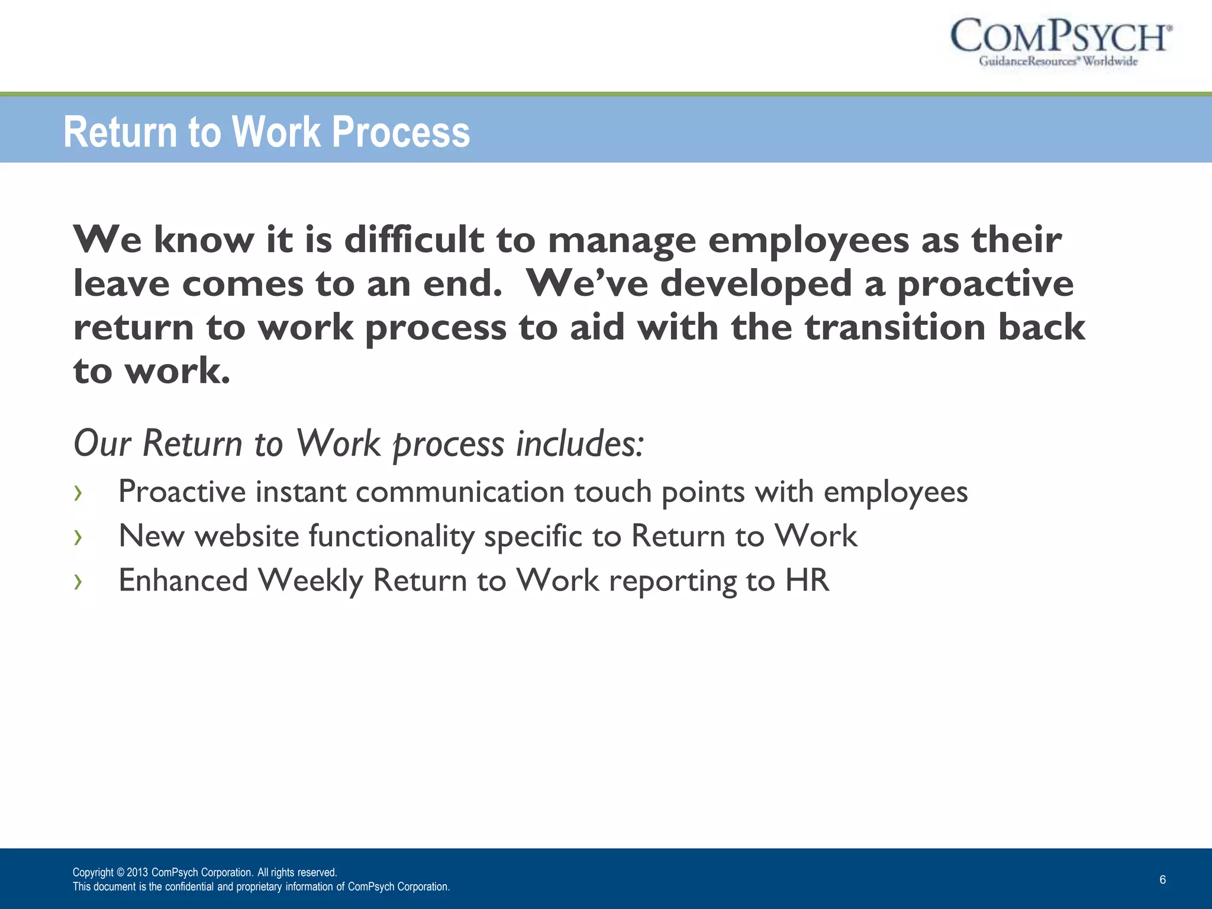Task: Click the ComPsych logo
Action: click(1060, 41)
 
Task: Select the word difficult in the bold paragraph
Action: click(414, 240)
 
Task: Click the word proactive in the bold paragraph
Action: click(985, 284)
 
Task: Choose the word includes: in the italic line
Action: click(579, 443)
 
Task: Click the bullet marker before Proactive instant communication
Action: click(78, 492)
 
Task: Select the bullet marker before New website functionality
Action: click(78, 537)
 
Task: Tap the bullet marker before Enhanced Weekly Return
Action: click(78, 581)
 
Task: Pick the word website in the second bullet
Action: click(247, 536)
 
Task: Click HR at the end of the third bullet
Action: click(807, 581)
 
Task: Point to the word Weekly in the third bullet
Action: click(310, 581)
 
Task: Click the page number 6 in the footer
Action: click(1162, 879)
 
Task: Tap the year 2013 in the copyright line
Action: click(137, 872)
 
